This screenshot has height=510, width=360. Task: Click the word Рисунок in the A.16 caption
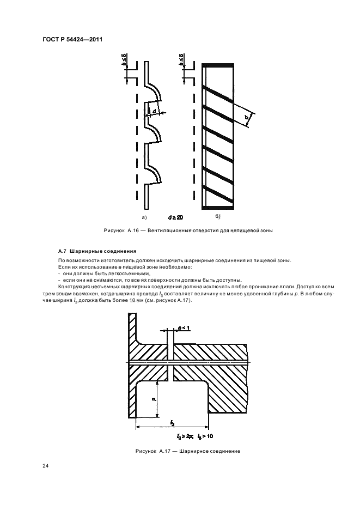point(114,230)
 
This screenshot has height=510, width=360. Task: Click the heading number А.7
point(62,252)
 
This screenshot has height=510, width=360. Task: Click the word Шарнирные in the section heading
point(82,252)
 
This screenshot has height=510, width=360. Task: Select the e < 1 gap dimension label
point(183,327)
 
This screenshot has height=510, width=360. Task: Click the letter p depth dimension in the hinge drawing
point(154,399)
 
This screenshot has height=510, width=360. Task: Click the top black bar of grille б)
point(218,65)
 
